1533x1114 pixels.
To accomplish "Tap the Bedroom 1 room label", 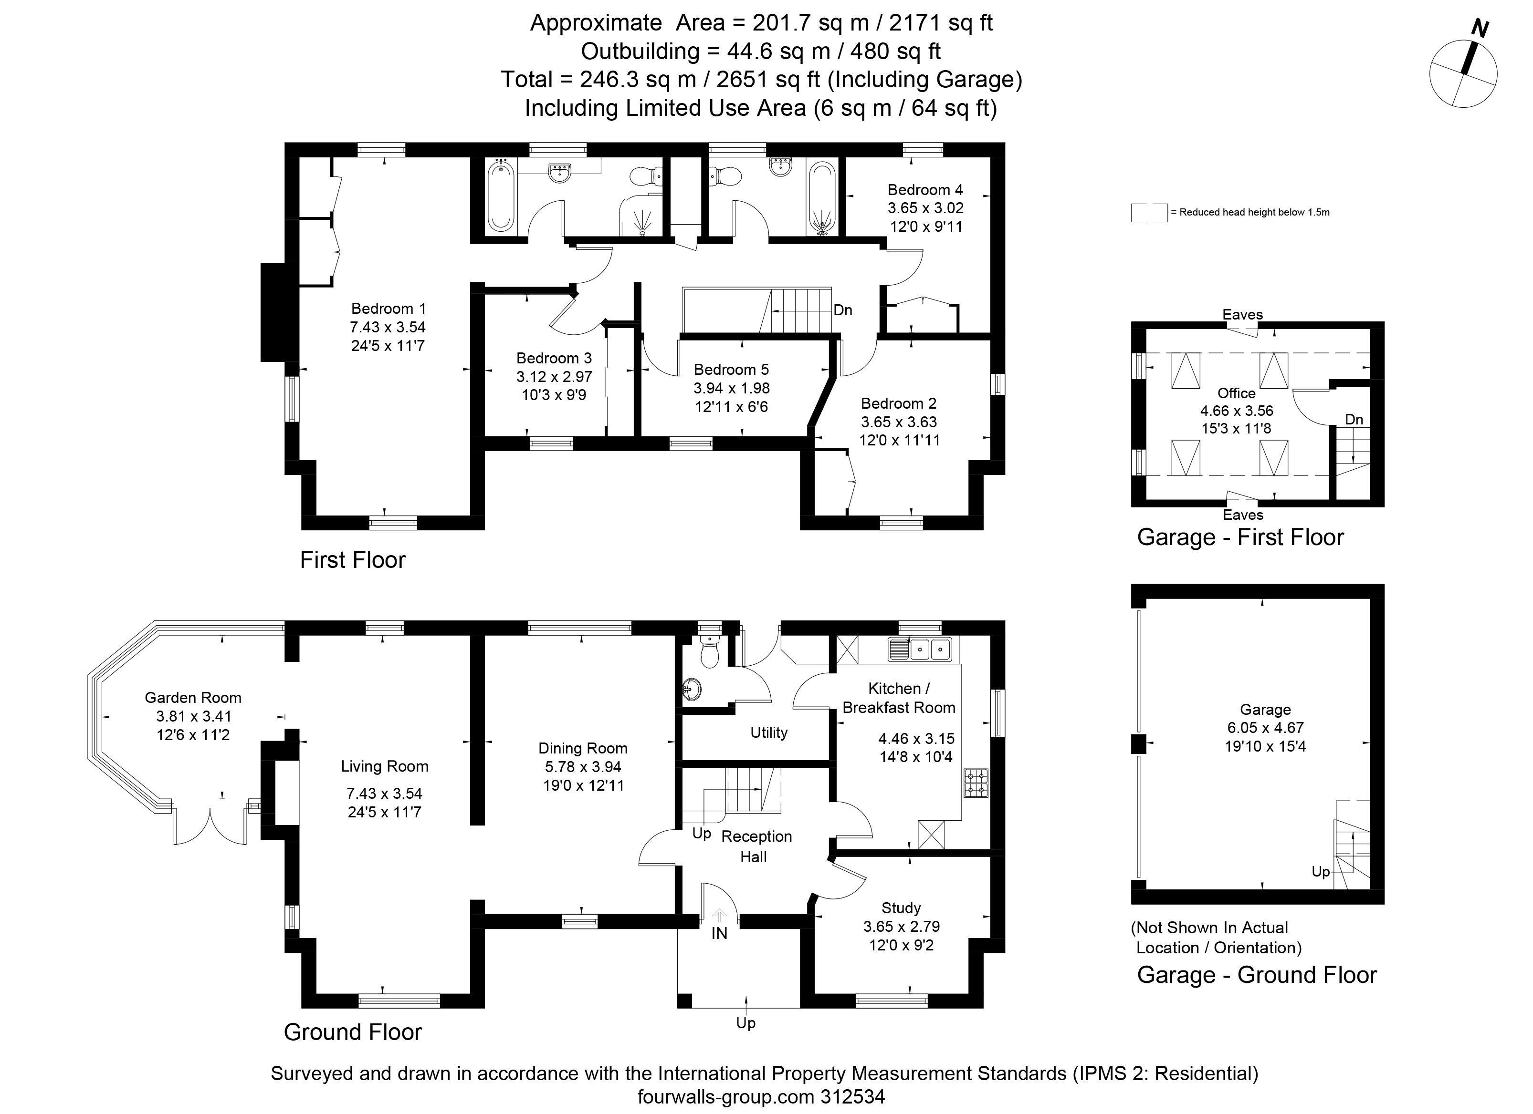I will (x=388, y=309).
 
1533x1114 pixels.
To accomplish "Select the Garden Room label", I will (x=193, y=698).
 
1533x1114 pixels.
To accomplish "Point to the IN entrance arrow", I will (x=719, y=916).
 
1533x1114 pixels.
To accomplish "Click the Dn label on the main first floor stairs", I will (x=843, y=310).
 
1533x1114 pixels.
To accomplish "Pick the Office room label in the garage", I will (x=1236, y=393).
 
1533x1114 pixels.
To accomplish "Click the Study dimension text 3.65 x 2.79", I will (x=901, y=927).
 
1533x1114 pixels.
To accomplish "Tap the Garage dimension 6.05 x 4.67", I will (x=1265, y=728).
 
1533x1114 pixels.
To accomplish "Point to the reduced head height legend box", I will (x=1149, y=212).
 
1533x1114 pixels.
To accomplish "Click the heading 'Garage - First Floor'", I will (x=1240, y=537).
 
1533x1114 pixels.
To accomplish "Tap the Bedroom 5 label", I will (x=731, y=370).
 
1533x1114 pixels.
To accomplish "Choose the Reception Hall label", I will (x=756, y=846).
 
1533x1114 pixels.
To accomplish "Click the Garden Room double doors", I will (x=210, y=825).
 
